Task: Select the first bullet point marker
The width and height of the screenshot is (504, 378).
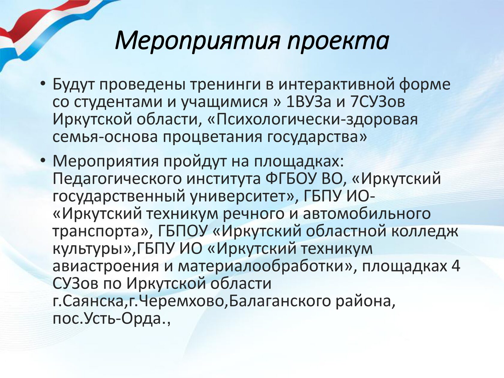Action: (43, 84)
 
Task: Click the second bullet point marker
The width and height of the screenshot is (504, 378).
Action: (43, 161)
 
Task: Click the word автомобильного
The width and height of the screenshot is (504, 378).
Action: (367, 214)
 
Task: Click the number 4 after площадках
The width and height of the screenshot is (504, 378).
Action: (456, 266)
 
